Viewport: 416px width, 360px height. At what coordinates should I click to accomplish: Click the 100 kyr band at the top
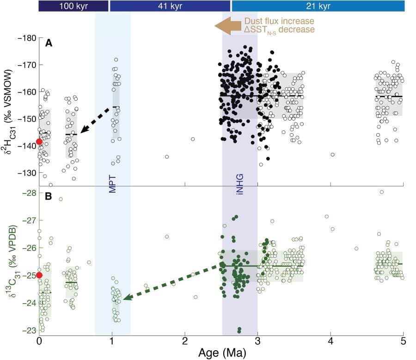coord(73,6)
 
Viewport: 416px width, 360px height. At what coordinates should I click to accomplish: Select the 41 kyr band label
coord(170,6)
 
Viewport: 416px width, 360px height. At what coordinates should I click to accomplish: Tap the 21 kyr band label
coord(318,6)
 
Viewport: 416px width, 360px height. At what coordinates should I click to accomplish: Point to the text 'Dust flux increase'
coord(279,21)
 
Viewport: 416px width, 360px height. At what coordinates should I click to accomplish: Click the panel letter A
coord(48,44)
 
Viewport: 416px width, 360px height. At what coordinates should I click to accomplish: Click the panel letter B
coord(48,195)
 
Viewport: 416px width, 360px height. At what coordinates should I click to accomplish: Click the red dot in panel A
coord(39,142)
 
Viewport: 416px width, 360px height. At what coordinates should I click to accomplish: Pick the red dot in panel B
coord(39,275)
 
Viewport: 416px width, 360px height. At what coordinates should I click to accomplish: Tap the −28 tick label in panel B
coord(29,193)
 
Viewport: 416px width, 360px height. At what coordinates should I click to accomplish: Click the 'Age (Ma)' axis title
coord(221,353)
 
